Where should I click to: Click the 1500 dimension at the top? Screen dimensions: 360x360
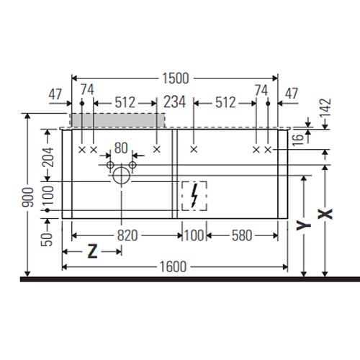(176, 78)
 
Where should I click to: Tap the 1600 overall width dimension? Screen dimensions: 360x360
(173, 267)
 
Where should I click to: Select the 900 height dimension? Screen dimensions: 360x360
(27, 197)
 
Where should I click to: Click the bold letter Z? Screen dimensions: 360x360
(93, 251)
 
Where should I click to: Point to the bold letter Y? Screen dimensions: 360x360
(304, 226)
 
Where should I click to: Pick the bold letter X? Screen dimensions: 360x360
(325, 214)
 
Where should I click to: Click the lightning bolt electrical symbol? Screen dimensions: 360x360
(194, 196)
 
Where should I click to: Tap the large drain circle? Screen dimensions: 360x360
(122, 176)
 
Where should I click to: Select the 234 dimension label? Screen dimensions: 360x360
(174, 102)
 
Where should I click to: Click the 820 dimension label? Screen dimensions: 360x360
(127, 235)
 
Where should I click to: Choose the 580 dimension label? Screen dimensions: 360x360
(242, 235)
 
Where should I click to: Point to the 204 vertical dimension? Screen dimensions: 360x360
(48, 157)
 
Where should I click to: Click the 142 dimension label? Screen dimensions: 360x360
(325, 107)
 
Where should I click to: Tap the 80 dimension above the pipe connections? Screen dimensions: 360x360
(121, 148)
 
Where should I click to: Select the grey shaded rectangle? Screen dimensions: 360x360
(117, 120)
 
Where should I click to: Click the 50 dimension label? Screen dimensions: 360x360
(47, 240)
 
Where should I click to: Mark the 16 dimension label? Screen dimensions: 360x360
(298, 140)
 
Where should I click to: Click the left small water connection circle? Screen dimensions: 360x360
(110, 165)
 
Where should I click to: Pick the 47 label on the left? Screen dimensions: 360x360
(55, 94)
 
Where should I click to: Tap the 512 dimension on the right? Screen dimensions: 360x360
(225, 103)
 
